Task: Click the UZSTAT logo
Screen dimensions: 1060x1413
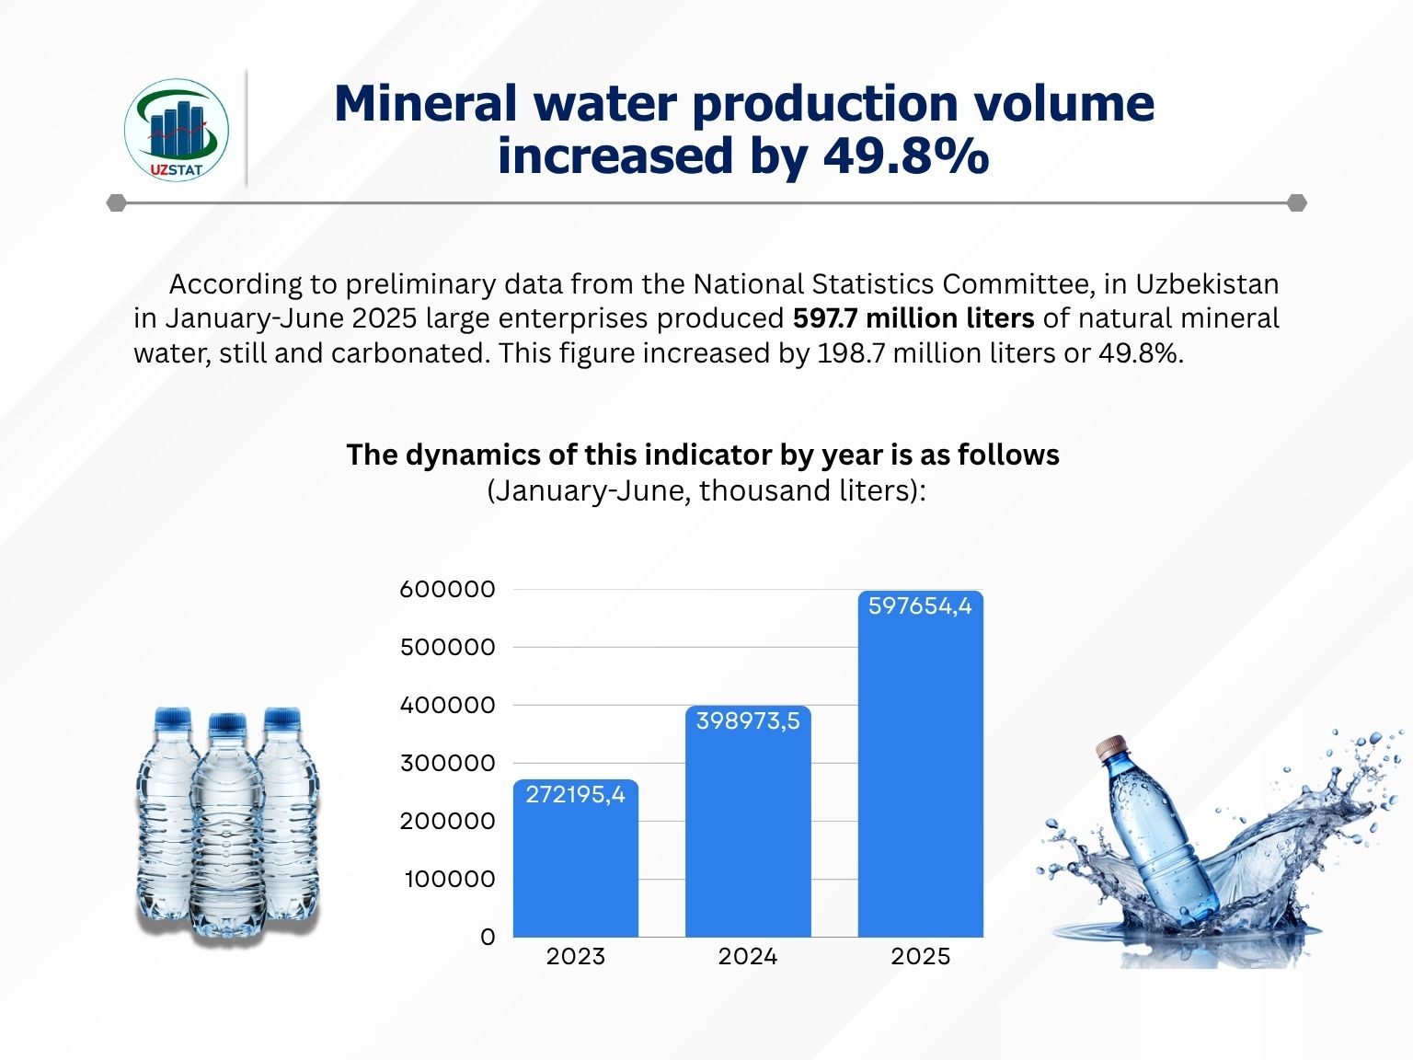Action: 176,129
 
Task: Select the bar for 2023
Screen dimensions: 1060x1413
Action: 575,865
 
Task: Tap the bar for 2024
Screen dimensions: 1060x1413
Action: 748,828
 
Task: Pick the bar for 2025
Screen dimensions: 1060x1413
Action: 920,773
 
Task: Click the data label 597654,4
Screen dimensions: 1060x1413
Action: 920,606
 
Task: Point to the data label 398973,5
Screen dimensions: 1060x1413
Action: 748,721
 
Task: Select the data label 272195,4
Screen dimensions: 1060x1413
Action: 575,795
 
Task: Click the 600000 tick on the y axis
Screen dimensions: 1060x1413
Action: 448,590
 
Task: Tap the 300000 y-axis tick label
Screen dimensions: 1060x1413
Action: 448,764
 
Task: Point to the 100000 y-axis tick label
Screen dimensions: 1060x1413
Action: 450,880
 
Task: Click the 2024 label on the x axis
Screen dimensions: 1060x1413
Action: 748,957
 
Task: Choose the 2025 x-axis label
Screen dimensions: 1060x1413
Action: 920,957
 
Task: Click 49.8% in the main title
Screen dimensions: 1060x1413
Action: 906,156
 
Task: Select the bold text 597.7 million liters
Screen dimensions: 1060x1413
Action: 913,318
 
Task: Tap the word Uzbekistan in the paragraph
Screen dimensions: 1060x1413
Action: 1207,284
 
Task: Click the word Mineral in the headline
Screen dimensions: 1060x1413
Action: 426,103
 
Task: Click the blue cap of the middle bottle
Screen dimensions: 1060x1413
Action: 227,723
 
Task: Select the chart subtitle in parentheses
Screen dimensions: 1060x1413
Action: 706,490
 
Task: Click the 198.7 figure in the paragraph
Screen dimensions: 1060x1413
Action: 851,353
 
